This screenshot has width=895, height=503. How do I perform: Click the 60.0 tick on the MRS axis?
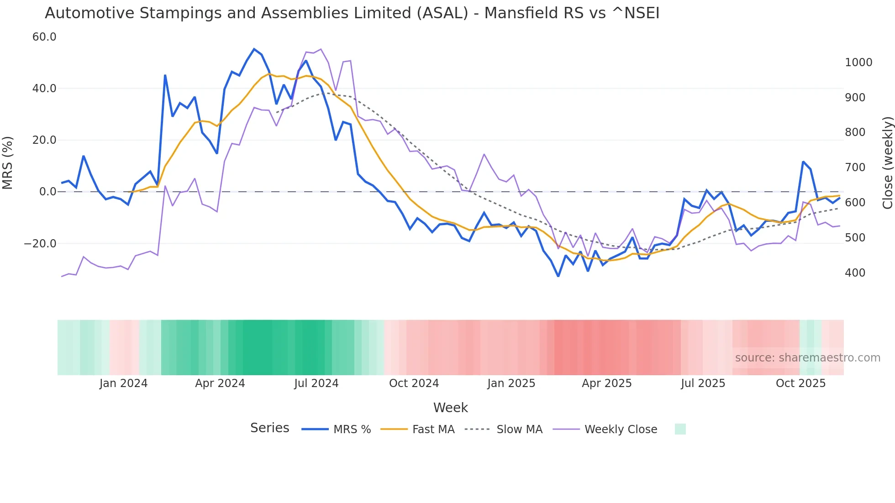[44, 37]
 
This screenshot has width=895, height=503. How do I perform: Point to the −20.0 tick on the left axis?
[40, 244]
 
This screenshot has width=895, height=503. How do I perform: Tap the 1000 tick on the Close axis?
[858, 63]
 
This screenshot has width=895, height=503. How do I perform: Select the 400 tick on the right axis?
[855, 273]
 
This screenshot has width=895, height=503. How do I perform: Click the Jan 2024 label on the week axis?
[123, 383]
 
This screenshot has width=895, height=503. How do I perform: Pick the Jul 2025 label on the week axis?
[703, 383]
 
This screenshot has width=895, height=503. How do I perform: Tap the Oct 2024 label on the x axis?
[414, 383]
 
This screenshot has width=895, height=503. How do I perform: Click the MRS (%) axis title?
[8, 163]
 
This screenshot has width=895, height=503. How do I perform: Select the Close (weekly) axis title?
[887, 163]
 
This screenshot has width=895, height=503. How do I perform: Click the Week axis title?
[450, 408]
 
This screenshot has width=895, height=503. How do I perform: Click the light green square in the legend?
[680, 429]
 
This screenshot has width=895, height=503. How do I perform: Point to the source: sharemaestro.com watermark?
[807, 358]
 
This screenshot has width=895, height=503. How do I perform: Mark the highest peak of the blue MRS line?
[254, 49]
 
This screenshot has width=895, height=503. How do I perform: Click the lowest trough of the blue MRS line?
[558, 276]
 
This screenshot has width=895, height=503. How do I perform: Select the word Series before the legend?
[269, 428]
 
